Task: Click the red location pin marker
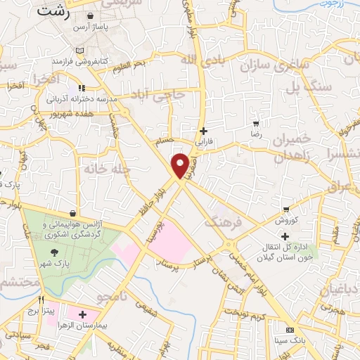181,165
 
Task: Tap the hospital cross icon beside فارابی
204,130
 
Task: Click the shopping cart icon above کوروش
285,209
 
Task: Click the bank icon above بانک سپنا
289,330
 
